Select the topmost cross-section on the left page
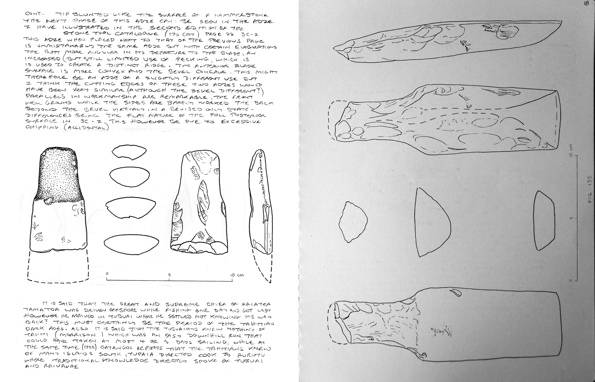[x=129, y=152]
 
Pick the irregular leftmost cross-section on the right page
[x=352, y=223]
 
